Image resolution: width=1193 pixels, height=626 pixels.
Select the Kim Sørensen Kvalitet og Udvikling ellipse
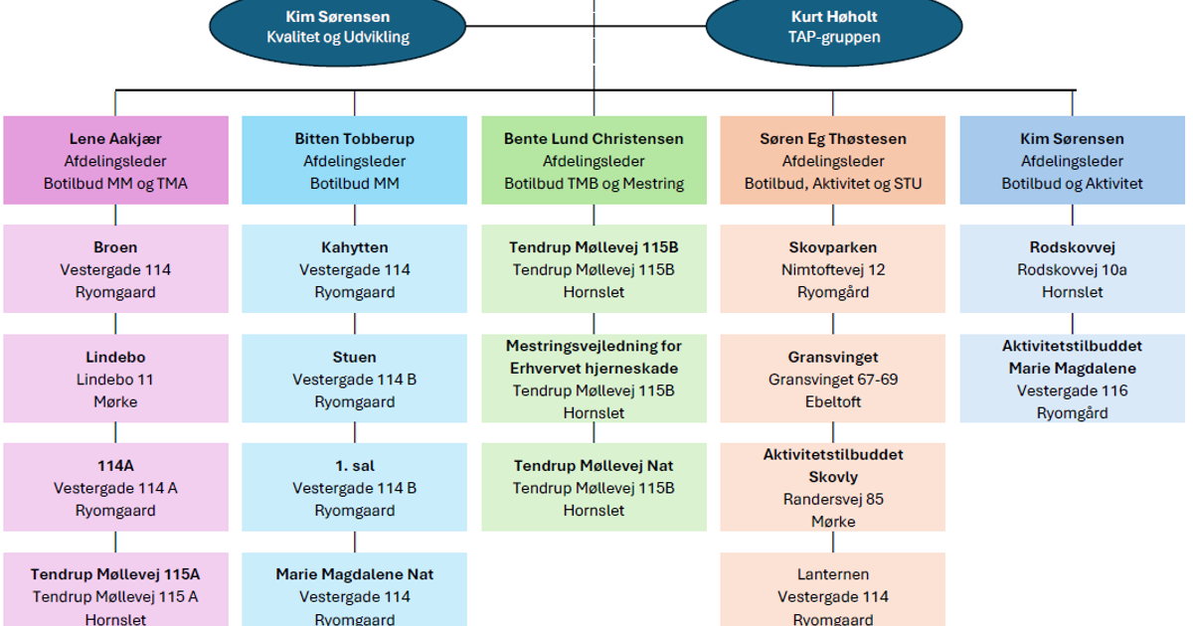point(338,27)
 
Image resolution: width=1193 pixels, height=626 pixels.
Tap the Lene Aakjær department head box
point(115,161)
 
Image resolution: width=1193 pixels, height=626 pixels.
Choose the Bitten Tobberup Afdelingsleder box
point(354,161)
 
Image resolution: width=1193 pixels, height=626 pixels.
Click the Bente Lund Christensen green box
point(594,161)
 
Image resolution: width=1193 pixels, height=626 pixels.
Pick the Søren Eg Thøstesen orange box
point(832,161)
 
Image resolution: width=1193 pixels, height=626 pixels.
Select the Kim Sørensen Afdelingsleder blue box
point(1072,161)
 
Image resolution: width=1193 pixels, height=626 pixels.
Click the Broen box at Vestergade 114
point(115,269)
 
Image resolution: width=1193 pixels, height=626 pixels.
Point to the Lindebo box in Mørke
point(115,379)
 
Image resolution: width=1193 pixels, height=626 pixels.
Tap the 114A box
point(115,487)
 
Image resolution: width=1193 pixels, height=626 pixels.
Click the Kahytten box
point(354,269)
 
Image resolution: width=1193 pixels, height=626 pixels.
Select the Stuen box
point(354,379)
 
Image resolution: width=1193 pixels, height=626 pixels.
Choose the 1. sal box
point(354,487)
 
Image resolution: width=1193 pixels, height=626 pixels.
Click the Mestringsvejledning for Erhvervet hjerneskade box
point(594,379)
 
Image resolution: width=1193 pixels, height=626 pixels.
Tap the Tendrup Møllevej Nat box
point(594,487)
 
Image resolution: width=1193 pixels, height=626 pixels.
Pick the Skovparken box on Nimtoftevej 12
point(832,269)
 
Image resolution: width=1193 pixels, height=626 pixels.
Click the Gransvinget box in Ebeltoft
point(832,379)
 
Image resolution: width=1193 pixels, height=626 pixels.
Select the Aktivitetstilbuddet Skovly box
point(832,487)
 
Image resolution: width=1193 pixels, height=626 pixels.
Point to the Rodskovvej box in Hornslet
point(1072,269)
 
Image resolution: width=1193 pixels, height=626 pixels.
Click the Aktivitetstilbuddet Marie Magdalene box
point(1072,379)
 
